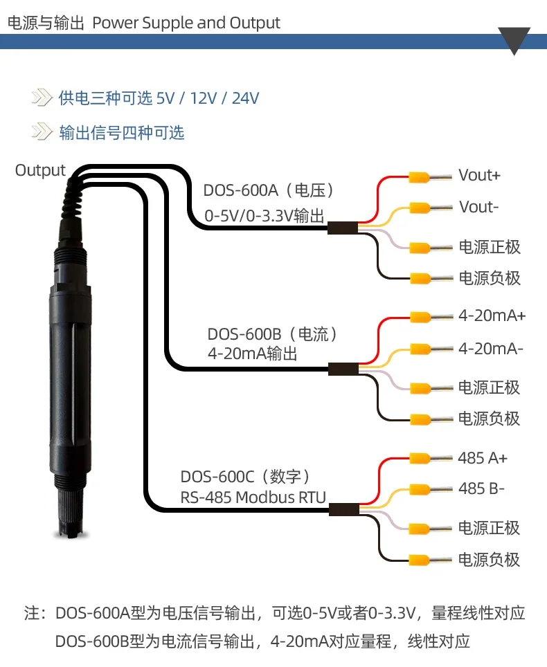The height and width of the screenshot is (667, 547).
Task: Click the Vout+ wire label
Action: (479, 175)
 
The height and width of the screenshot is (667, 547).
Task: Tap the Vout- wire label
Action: (478, 207)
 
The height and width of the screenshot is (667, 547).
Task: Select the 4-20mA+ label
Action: (492, 316)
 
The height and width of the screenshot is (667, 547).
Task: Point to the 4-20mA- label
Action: (491, 349)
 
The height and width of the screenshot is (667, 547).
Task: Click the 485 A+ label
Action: (483, 458)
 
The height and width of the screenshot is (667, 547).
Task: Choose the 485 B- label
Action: (481, 488)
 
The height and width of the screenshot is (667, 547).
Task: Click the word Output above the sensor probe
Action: (40, 170)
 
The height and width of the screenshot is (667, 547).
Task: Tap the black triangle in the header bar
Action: (514, 40)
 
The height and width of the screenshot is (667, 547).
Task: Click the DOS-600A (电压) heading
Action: (269, 190)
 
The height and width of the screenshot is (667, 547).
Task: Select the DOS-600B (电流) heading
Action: (273, 334)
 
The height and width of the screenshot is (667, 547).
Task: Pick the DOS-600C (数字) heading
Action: (246, 477)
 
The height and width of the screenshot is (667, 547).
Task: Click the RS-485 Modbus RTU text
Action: (253, 497)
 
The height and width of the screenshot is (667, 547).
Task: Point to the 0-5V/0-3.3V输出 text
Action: (264, 216)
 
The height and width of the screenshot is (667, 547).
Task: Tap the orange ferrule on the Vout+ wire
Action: (420, 176)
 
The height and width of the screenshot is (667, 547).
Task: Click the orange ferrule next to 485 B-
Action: (420, 490)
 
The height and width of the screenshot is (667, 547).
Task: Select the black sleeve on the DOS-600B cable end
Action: (343, 369)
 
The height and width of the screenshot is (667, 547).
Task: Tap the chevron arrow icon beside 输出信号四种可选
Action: (42, 131)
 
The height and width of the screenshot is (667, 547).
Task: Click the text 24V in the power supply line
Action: (246, 98)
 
